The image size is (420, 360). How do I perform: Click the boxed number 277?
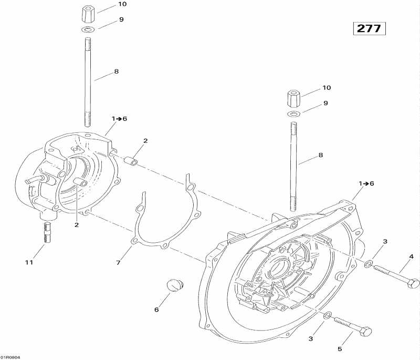click(x=370, y=28)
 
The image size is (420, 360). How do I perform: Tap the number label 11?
click(x=29, y=262)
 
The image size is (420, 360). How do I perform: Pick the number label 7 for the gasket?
click(x=119, y=262)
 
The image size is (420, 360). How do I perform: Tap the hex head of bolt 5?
click(x=366, y=332)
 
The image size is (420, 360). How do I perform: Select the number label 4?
click(x=411, y=256)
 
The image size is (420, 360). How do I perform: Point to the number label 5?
click(x=339, y=348)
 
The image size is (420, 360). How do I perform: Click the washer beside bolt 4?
click(x=369, y=262)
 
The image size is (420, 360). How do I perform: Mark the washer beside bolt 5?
click(x=327, y=315)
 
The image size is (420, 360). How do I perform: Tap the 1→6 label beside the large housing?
click(x=366, y=183)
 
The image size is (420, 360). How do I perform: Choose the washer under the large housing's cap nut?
click(x=294, y=114)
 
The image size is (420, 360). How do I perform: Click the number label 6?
click(x=156, y=310)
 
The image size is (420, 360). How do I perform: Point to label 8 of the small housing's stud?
click(x=117, y=71)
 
